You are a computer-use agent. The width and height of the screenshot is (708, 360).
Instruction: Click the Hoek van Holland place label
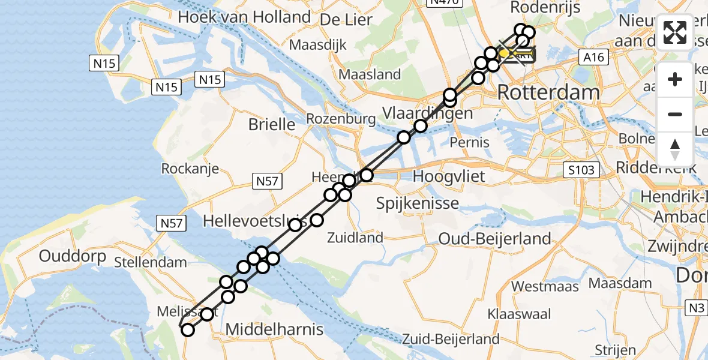[x=244, y=17]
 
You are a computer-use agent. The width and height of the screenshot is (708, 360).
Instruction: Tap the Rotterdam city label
[x=548, y=92]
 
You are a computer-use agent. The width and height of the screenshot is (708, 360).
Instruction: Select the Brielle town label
[x=272, y=125]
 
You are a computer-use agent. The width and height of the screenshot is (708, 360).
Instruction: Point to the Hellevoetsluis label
[x=256, y=221]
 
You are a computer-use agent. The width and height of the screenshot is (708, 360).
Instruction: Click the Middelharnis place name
[x=274, y=329]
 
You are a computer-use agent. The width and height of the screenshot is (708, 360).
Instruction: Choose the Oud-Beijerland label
[x=494, y=239]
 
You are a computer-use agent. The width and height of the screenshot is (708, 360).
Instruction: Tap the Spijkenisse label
[x=418, y=203]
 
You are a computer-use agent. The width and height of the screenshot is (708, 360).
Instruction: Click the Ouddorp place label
[x=73, y=256]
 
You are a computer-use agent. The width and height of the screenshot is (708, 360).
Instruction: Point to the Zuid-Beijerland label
[x=451, y=339]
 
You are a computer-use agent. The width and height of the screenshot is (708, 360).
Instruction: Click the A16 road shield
[x=594, y=57]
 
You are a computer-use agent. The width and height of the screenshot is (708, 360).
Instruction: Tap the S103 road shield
[x=581, y=170]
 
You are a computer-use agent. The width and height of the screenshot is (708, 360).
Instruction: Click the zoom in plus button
[x=675, y=79]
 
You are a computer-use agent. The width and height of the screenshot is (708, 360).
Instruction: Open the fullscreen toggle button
[x=675, y=32]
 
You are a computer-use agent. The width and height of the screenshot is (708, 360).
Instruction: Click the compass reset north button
[x=675, y=149]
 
